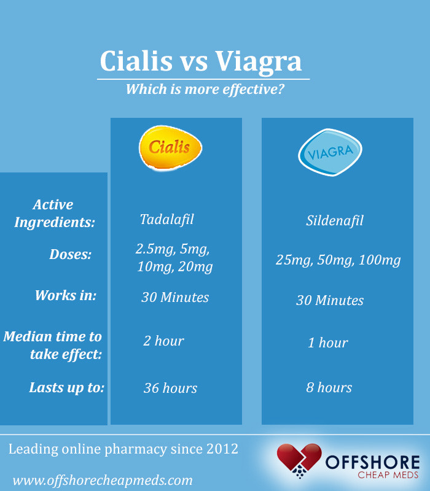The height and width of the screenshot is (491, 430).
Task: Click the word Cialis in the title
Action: click(139, 61)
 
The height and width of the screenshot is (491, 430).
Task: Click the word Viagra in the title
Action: click(259, 61)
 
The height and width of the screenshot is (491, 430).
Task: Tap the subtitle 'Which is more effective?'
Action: click(205, 89)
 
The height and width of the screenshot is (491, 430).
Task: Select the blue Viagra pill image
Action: click(330, 152)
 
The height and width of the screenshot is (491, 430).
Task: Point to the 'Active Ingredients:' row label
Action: click(54, 214)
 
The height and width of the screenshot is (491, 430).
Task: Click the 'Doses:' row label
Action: click(70, 254)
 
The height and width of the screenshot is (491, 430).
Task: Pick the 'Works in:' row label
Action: click(66, 295)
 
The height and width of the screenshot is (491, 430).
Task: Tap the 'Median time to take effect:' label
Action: click(53, 345)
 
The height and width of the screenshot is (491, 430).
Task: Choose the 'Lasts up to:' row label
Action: click(67, 388)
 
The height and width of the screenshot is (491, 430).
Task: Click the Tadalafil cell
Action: click(167, 219)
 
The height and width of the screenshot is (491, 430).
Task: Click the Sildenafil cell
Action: click(335, 220)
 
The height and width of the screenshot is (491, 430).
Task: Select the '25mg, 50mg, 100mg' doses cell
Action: click(338, 260)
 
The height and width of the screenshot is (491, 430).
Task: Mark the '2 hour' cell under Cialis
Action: click(163, 341)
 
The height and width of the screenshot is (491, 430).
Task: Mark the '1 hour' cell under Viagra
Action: click(328, 342)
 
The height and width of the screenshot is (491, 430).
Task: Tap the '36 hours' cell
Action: click(170, 388)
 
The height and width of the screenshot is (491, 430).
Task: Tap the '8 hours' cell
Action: click(329, 387)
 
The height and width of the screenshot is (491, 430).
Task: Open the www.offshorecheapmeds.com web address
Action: click(103, 480)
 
